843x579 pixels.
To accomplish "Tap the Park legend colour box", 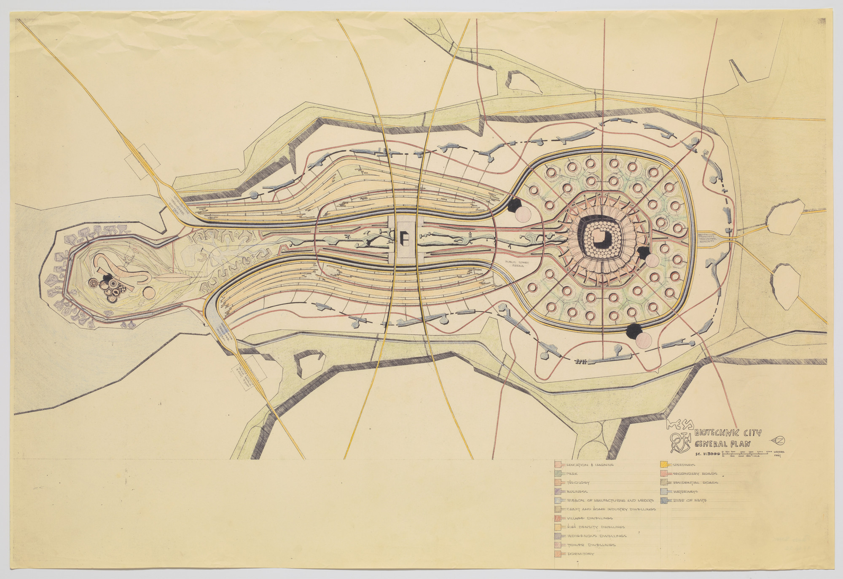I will pos(557,474).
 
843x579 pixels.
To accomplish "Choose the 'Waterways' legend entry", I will pos(686,491).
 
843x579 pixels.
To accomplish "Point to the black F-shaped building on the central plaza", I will pos(403,240).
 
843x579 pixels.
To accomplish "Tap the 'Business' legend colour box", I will pos(557,491).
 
